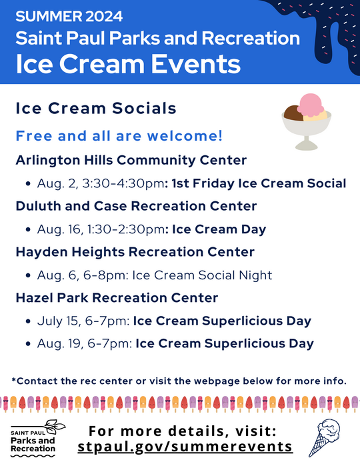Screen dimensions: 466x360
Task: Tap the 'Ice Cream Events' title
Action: click(128, 64)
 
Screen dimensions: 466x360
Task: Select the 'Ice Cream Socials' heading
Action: click(95, 108)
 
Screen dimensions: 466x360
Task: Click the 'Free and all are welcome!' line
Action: click(119, 136)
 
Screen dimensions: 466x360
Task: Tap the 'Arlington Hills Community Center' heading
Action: click(131, 160)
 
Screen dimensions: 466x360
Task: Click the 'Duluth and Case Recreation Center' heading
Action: click(136, 206)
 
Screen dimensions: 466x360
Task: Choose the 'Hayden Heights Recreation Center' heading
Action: click(135, 252)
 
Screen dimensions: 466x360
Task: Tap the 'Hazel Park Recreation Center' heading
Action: click(117, 297)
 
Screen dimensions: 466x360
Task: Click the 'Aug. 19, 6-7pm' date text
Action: click(84, 344)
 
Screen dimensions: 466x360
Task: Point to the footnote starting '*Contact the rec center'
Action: click(179, 381)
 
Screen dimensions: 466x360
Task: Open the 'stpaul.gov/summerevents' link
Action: click(185, 446)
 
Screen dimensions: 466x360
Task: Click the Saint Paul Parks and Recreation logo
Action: click(37, 437)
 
